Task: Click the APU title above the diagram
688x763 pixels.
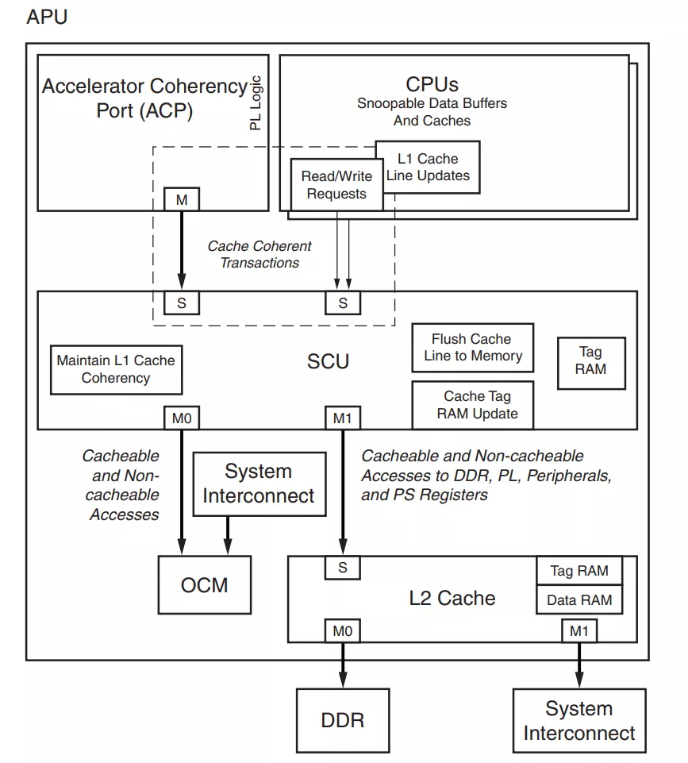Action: (x=47, y=17)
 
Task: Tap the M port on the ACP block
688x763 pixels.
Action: (x=182, y=200)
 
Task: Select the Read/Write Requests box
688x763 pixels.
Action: (x=336, y=185)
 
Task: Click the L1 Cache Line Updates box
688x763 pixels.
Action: (x=429, y=167)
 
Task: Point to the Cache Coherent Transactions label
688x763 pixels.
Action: (x=259, y=254)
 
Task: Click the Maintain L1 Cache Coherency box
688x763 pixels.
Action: (x=116, y=369)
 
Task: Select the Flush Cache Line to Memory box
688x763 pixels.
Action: (x=472, y=348)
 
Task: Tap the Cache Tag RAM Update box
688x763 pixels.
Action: (x=472, y=404)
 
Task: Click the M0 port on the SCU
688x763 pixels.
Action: (x=182, y=417)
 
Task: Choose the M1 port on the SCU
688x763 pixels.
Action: (x=342, y=417)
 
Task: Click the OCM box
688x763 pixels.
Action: (x=204, y=585)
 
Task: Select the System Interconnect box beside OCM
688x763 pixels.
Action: (x=259, y=484)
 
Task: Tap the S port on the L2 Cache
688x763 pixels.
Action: (x=343, y=568)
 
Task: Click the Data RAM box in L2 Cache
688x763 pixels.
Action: (x=579, y=599)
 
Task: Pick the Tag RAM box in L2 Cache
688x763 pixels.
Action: (x=579, y=571)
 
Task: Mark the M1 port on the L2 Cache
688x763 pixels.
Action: (x=579, y=630)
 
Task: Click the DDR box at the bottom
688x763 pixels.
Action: (x=343, y=719)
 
